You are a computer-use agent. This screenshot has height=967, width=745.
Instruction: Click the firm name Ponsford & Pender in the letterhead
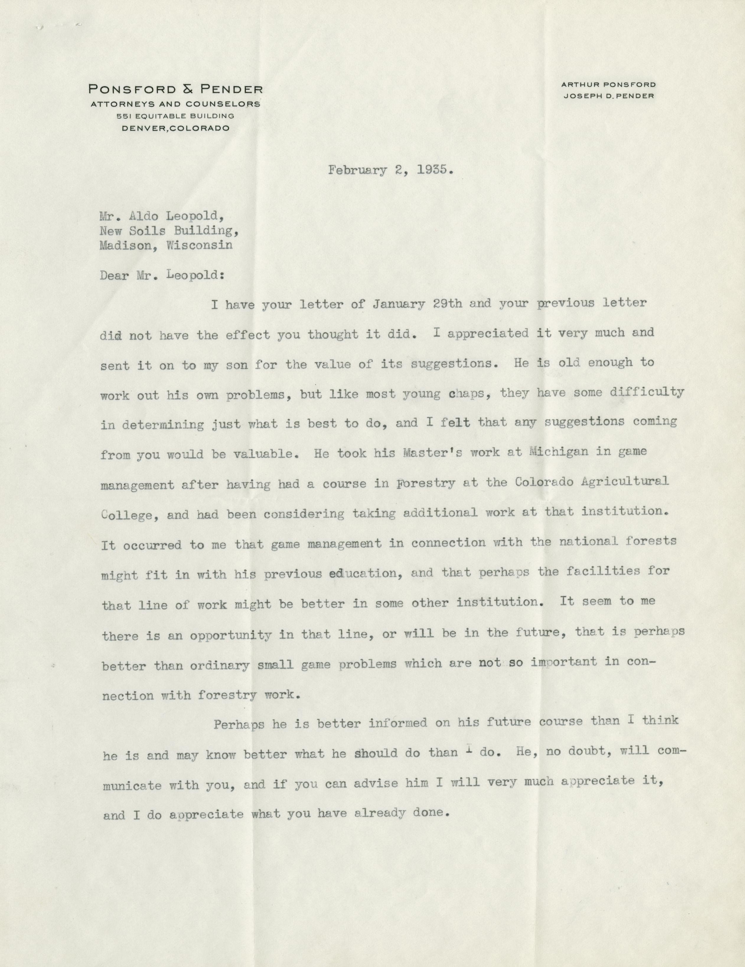(x=175, y=89)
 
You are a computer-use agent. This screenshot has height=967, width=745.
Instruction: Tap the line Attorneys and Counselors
(x=175, y=104)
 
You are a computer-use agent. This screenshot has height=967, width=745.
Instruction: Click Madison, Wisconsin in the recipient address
(x=167, y=245)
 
